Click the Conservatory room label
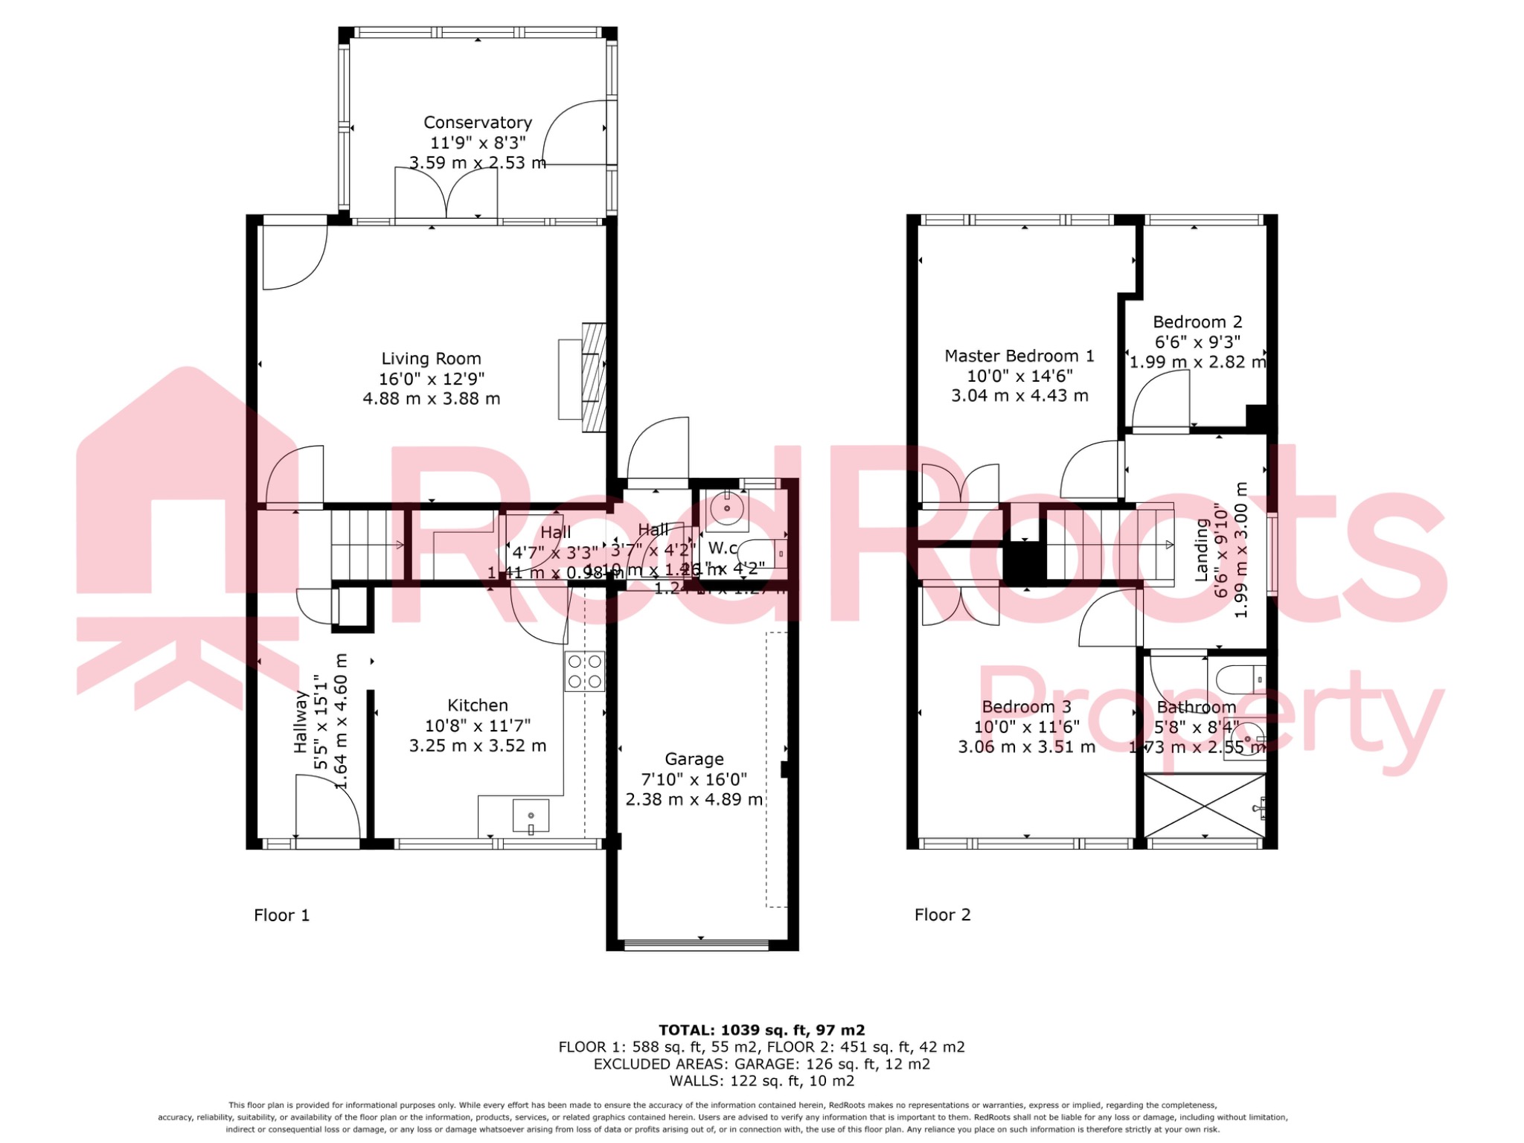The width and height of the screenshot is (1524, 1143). [477, 123]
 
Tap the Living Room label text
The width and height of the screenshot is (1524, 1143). [431, 359]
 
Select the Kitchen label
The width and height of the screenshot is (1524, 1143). [477, 705]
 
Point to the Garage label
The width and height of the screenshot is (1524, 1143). [694, 759]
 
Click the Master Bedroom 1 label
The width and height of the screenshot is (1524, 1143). [1019, 356]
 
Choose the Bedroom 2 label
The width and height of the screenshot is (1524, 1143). [1197, 322]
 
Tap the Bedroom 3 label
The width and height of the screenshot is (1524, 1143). [1026, 707]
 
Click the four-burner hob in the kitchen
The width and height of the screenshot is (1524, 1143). [584, 671]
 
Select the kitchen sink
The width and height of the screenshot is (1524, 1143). [531, 816]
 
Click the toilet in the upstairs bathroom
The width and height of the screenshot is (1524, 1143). [1239, 679]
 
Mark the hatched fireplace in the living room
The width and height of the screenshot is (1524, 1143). [594, 377]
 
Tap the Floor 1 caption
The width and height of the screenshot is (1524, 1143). [281, 915]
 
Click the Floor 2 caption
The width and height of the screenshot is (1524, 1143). [942, 915]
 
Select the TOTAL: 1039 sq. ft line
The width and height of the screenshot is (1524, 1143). [761, 1030]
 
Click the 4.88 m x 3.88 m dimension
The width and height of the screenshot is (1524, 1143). [431, 399]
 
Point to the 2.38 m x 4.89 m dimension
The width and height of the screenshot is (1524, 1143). [694, 800]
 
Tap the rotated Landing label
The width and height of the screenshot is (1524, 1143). [1201, 549]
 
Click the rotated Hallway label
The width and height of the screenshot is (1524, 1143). [301, 721]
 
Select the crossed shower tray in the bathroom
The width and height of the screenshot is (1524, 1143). [1203, 806]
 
